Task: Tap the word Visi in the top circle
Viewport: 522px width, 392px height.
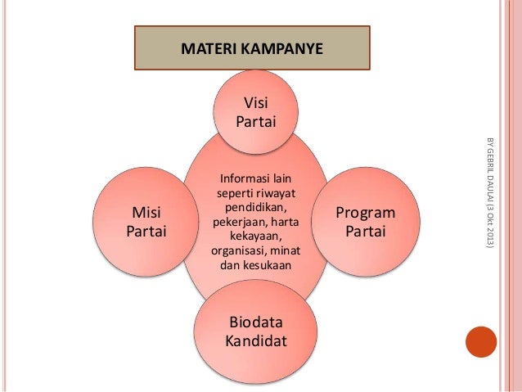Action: [x=255, y=104]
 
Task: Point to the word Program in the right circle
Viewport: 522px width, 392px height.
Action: [x=365, y=214]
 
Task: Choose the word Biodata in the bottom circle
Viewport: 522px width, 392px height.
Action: [x=255, y=322]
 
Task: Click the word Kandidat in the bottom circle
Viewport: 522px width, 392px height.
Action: [x=255, y=340]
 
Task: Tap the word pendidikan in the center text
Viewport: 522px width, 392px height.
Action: [x=254, y=208]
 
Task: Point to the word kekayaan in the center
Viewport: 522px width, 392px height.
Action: [x=254, y=237]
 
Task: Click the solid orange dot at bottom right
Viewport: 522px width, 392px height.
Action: [x=480, y=342]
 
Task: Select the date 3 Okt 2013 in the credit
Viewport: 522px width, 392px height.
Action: [x=489, y=224]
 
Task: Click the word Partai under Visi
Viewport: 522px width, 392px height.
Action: [x=255, y=122]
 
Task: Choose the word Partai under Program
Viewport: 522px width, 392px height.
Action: [x=365, y=232]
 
